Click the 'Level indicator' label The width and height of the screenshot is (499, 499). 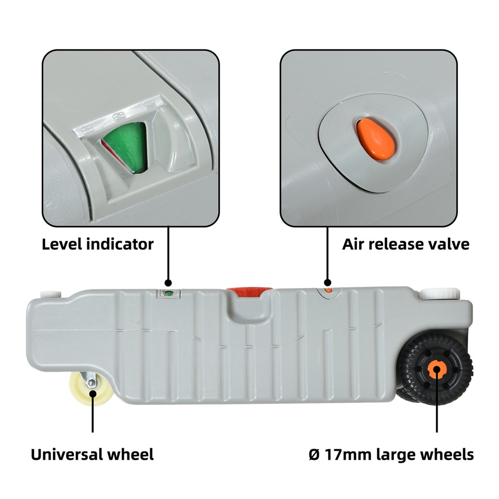[98, 244]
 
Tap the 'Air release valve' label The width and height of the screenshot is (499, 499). [405, 244]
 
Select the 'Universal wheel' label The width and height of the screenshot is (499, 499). [92, 455]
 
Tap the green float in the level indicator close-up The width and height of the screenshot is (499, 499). [124, 142]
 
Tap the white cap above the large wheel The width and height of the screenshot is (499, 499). [438, 294]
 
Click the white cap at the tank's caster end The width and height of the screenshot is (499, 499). [50, 294]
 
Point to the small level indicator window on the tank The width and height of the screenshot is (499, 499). [168, 294]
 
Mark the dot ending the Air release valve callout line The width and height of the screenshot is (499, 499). [327, 281]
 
